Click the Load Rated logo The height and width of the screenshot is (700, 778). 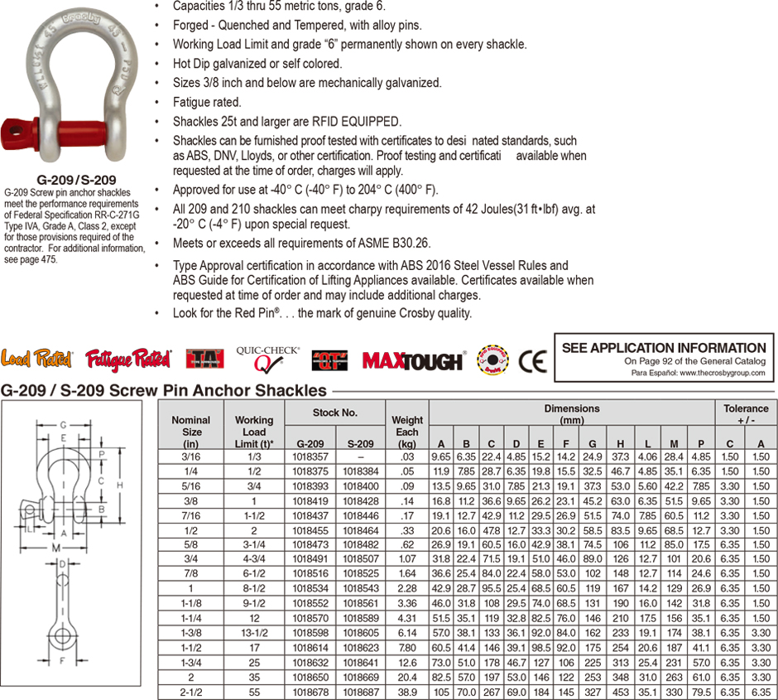[37, 359]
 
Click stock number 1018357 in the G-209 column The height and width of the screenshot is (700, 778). [310, 456]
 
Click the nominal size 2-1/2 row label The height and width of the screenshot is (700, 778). [191, 691]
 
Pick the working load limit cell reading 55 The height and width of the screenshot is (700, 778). [253, 691]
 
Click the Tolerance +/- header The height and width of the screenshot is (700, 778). [746, 413]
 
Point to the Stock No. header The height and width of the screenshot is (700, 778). [335, 411]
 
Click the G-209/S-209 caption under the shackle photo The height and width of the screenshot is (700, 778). [76, 179]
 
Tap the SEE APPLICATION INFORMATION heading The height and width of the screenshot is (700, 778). [664, 348]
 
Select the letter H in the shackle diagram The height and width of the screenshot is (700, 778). [122, 485]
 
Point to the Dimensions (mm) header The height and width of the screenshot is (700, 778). [571, 413]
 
